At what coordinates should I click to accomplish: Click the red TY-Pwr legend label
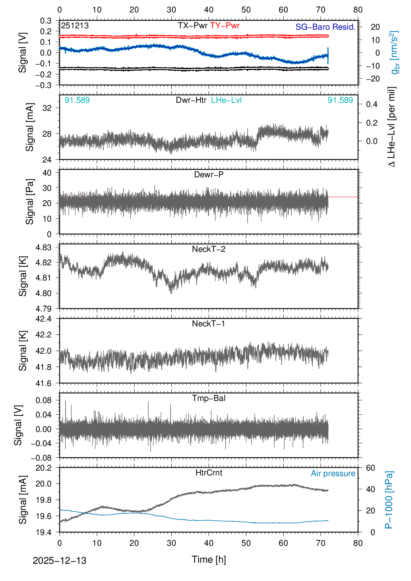pyautogui.click(x=224, y=26)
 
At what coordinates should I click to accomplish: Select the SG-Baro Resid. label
pyautogui.click(x=325, y=27)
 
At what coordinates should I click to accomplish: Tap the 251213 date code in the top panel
pyautogui.click(x=75, y=26)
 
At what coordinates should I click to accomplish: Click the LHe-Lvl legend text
pyautogui.click(x=226, y=100)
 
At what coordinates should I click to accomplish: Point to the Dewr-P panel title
pyautogui.click(x=209, y=175)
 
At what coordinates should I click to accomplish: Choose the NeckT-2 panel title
pyautogui.click(x=209, y=249)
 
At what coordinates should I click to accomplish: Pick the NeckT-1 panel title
pyautogui.click(x=209, y=324)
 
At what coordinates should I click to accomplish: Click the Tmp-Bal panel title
pyautogui.click(x=209, y=398)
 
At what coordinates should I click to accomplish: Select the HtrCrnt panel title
pyautogui.click(x=209, y=473)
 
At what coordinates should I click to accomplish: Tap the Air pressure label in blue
pyautogui.click(x=333, y=473)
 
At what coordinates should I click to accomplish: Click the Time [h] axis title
pyautogui.click(x=209, y=559)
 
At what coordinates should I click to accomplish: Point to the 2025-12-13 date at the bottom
pyautogui.click(x=59, y=561)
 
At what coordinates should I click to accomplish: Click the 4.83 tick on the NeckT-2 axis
pyautogui.click(x=44, y=247)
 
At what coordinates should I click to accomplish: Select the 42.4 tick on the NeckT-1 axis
pyautogui.click(x=44, y=318)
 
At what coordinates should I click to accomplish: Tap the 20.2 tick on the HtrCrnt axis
pyautogui.click(x=44, y=468)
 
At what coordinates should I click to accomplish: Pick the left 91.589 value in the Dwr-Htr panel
pyautogui.click(x=77, y=100)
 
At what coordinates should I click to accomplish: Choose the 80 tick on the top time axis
pyautogui.click(x=358, y=10)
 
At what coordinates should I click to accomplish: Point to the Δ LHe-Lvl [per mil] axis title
pyautogui.click(x=391, y=127)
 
